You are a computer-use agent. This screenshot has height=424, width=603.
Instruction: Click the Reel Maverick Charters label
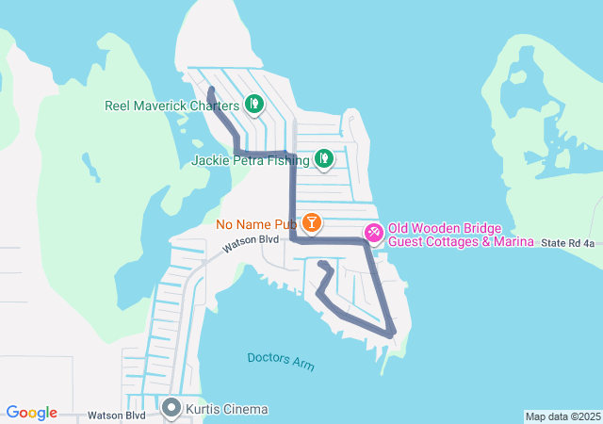click(x=171, y=105)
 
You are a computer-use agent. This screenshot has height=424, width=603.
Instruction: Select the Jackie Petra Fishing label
click(x=250, y=160)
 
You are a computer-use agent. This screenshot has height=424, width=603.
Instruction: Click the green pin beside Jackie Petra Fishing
click(x=323, y=158)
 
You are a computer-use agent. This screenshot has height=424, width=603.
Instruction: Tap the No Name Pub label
click(x=255, y=224)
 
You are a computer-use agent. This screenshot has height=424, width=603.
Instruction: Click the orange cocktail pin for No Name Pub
click(x=311, y=223)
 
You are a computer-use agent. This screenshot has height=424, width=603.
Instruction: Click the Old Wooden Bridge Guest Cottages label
click(x=451, y=228)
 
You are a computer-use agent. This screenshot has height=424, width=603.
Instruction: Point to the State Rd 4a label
click(x=568, y=243)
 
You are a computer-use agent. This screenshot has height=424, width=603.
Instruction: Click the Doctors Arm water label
click(x=281, y=360)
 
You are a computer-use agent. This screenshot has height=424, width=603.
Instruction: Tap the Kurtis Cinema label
click(x=226, y=409)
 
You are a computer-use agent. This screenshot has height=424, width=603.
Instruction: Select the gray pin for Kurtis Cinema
click(x=171, y=408)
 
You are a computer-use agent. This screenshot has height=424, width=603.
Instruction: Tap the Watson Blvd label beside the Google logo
click(x=116, y=415)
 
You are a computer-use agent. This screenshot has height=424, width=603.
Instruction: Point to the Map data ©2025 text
click(x=562, y=416)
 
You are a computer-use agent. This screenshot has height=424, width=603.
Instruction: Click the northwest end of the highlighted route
click(x=211, y=90)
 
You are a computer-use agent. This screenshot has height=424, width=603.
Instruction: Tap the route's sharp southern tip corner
click(x=391, y=334)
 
